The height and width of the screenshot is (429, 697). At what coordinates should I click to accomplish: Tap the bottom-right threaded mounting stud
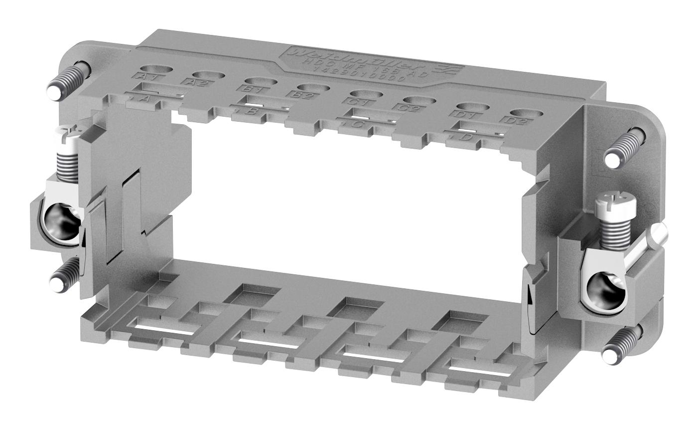pos(623,345)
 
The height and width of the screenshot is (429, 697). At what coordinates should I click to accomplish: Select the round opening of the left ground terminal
pos(62,220)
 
